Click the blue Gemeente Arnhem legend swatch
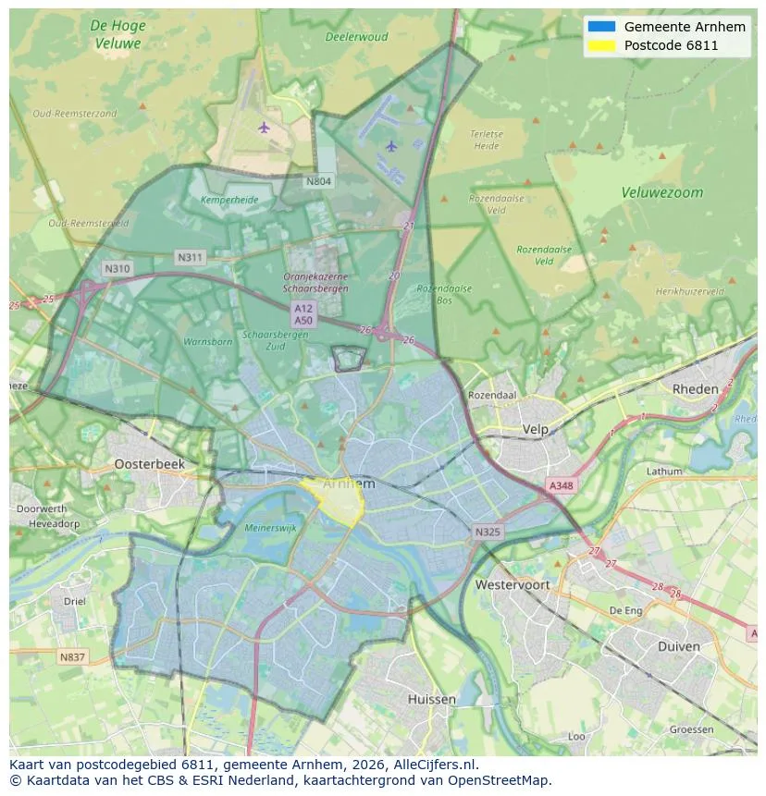click(601, 27)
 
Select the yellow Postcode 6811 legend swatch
click(601, 45)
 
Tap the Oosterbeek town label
click(149, 464)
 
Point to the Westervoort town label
click(512, 584)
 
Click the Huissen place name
click(431, 699)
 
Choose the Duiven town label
click(678, 646)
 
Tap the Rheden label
click(695, 389)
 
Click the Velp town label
click(536, 430)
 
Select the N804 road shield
click(318, 181)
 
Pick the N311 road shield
click(191, 257)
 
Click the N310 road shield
click(117, 269)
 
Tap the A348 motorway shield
click(561, 485)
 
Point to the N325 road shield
click(488, 532)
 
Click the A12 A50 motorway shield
click(303, 313)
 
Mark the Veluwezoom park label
click(661, 193)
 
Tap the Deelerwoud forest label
click(356, 37)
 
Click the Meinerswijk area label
click(270, 528)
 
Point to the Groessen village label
click(691, 729)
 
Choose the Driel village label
click(74, 601)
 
